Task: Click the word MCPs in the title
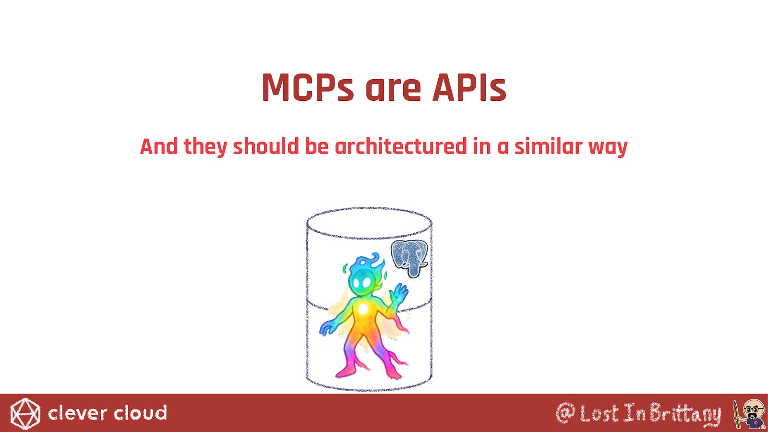tap(308, 87)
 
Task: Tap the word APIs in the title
tap(469, 87)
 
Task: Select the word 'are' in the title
tap(393, 90)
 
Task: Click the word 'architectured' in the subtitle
tap(401, 147)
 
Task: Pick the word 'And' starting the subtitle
tap(159, 147)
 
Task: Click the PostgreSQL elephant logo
tap(410, 258)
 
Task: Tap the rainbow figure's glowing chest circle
tap(362, 310)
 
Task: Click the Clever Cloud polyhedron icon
tap(25, 414)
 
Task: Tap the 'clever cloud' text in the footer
tap(108, 413)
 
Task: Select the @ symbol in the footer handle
tap(565, 413)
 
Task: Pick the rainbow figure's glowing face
tap(361, 283)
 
